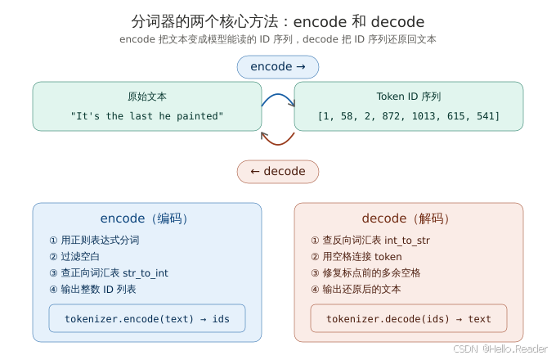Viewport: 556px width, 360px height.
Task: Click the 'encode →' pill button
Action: [x=278, y=66]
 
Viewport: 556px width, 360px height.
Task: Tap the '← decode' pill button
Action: [x=278, y=171]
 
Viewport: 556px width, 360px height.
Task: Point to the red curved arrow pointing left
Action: [x=277, y=138]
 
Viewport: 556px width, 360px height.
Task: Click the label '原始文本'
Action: [x=147, y=97]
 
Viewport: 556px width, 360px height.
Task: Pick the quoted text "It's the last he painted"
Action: [x=147, y=116]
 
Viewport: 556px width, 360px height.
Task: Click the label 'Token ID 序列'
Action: [x=409, y=97]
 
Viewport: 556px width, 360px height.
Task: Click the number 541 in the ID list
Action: [x=486, y=116]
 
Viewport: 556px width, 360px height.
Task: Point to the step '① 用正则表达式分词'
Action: [x=95, y=240]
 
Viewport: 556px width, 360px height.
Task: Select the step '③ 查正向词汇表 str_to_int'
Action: [x=109, y=272]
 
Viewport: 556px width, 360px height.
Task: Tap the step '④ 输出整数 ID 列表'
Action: [x=93, y=289]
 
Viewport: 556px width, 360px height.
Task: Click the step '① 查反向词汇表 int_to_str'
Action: [x=370, y=240]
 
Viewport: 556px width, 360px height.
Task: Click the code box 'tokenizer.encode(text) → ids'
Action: [x=147, y=318]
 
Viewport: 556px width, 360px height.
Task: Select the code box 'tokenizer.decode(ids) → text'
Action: [x=409, y=318]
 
